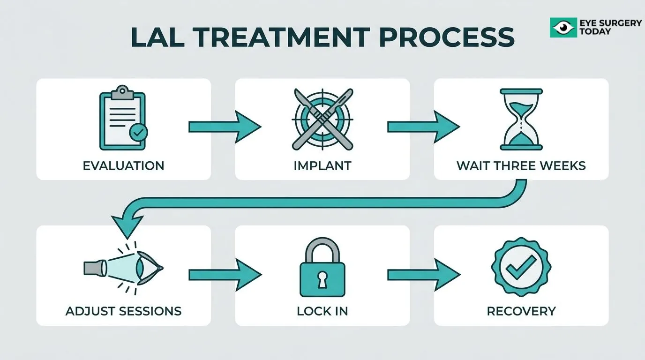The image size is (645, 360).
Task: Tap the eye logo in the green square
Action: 563,27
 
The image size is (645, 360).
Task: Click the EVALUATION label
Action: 124,165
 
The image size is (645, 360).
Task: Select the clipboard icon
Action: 123,118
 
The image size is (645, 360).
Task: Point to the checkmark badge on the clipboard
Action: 138,132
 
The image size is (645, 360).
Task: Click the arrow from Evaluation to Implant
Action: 225,127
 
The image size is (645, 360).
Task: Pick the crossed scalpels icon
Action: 322,119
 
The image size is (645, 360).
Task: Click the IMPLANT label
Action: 322,165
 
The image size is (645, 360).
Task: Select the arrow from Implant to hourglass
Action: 424,127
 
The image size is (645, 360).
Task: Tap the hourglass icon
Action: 521,119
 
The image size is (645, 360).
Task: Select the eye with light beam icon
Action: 124,268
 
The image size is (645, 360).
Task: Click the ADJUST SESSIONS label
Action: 124,311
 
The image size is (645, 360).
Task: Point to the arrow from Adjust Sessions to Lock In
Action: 225,275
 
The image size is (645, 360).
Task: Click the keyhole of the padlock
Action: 322,279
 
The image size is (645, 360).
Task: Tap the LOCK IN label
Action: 322,311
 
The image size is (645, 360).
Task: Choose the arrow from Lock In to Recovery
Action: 424,275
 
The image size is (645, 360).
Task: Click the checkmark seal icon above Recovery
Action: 521,267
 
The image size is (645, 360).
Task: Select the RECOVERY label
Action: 521,311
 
